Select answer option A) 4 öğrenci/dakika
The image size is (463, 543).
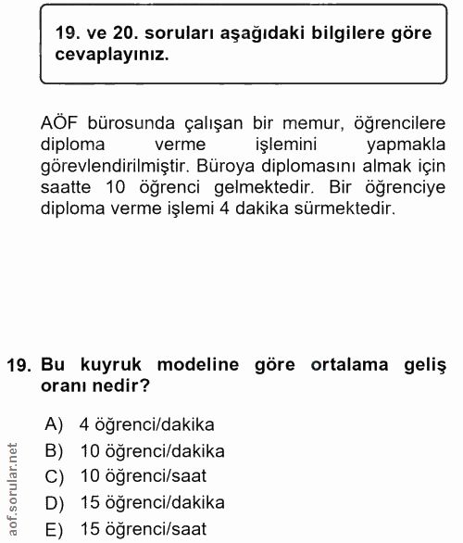[x=129, y=425]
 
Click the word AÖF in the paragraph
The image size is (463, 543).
[x=63, y=125]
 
